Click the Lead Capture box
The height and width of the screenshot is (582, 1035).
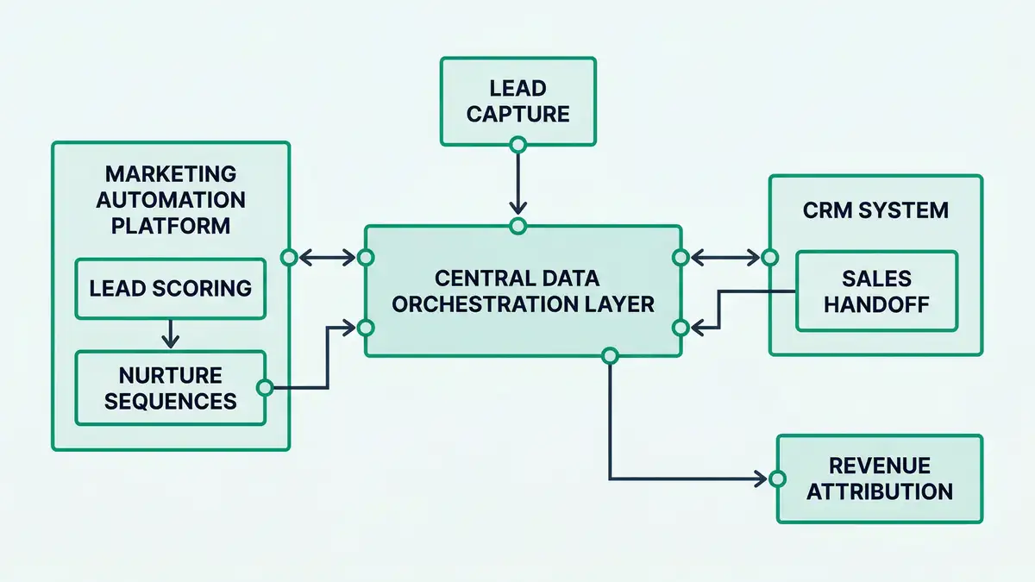click(x=517, y=101)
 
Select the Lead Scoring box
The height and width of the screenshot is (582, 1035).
click(x=171, y=288)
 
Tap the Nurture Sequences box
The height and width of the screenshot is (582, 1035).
click(x=171, y=387)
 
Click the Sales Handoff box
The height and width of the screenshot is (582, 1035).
click(x=876, y=291)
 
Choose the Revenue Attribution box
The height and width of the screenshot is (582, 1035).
click(x=880, y=479)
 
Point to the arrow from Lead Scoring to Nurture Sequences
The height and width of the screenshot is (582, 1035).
click(x=171, y=332)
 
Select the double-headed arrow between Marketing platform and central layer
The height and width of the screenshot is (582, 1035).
click(x=327, y=257)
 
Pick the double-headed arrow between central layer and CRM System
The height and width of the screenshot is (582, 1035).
click(x=724, y=257)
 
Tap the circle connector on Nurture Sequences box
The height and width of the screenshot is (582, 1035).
click(x=265, y=388)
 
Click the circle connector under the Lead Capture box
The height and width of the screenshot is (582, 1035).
click(x=517, y=144)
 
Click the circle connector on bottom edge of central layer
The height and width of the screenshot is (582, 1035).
click(x=611, y=355)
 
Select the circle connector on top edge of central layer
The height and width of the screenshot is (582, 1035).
click(x=517, y=227)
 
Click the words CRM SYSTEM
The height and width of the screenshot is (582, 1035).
click(x=875, y=210)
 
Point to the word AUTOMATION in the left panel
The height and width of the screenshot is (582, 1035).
click(x=171, y=200)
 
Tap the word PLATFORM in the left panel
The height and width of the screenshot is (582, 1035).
click(x=171, y=226)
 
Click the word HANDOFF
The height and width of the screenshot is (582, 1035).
click(x=876, y=304)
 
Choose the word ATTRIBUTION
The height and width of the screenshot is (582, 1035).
click(x=880, y=491)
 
